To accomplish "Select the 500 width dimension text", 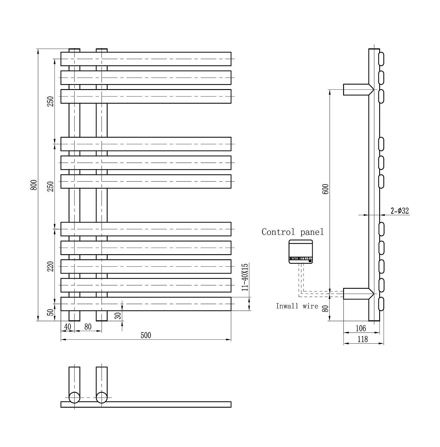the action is point(146,336).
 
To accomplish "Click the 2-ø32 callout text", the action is point(400,211).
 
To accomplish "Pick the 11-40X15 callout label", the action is point(245,277).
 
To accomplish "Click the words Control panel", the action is point(293,232).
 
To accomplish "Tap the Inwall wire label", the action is point(297,306).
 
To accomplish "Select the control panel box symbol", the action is point(301,252).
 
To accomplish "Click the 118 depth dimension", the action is point(362,339).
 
